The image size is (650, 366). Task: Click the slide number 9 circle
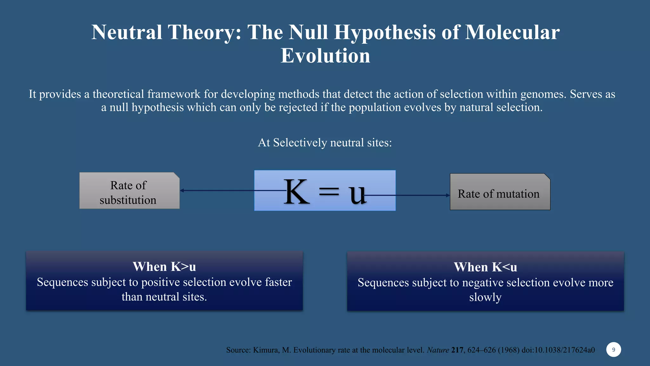tap(613, 349)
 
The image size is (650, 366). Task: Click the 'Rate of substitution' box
tap(129, 191)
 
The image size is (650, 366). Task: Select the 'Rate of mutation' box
tap(500, 192)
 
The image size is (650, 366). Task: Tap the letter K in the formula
tap(296, 192)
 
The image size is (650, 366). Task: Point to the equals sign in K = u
tap(329, 192)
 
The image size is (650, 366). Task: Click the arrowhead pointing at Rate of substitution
tap(182, 191)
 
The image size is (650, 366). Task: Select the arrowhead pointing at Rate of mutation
tap(448, 195)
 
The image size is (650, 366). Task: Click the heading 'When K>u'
tap(164, 267)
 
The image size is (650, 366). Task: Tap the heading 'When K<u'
tap(485, 267)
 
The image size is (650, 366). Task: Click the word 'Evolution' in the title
tap(325, 56)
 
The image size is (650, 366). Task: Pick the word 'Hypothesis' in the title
tap(385, 32)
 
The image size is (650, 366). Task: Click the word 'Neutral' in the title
tap(127, 32)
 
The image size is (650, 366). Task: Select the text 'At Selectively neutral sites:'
tap(325, 143)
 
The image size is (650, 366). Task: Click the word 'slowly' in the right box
tap(485, 297)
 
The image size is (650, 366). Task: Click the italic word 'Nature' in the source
tap(438, 350)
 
